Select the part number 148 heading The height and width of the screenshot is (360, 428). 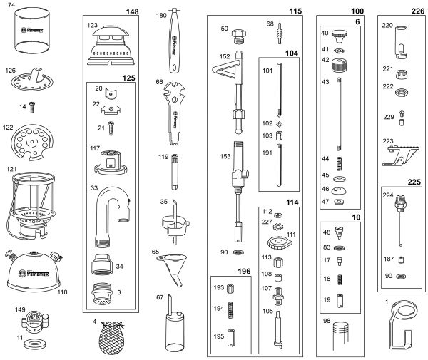[132, 12]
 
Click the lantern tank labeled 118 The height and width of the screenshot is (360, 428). [35, 270]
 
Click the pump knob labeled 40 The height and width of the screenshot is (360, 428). [339, 35]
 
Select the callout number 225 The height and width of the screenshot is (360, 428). [413, 182]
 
